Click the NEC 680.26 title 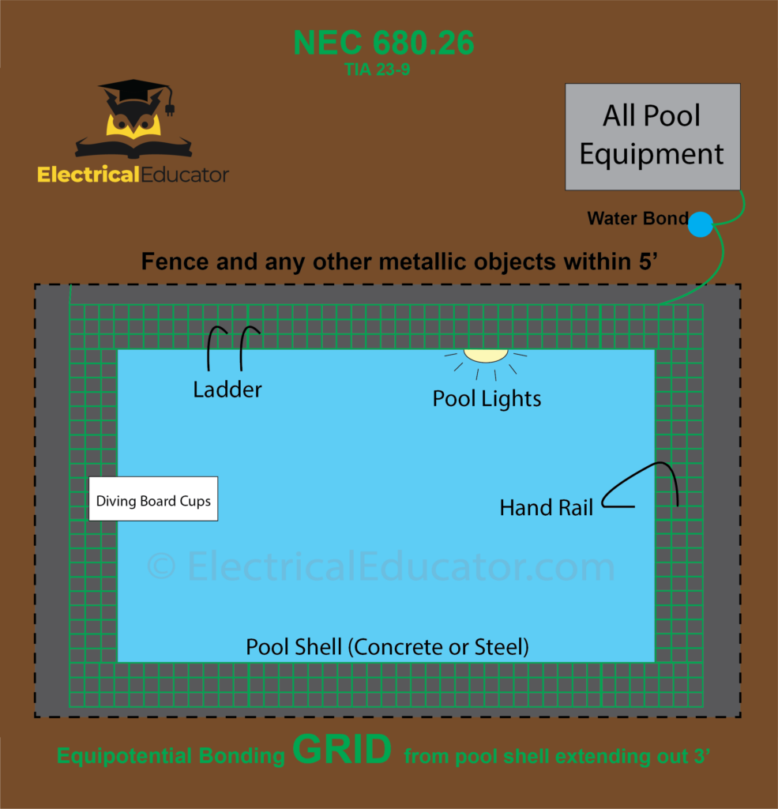(x=384, y=43)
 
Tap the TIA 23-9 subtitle (x=377, y=70)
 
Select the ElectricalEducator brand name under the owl (x=133, y=175)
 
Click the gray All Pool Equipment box (x=652, y=136)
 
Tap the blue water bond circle (x=701, y=224)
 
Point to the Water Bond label (x=637, y=219)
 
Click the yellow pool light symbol (x=485, y=356)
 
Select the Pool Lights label (x=487, y=399)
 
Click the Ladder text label (x=227, y=389)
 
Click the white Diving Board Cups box (x=153, y=499)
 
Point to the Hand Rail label (x=546, y=508)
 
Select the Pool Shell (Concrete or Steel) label (x=387, y=648)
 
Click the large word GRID (x=342, y=750)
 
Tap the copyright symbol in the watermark (x=161, y=566)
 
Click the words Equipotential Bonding (x=171, y=756)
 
